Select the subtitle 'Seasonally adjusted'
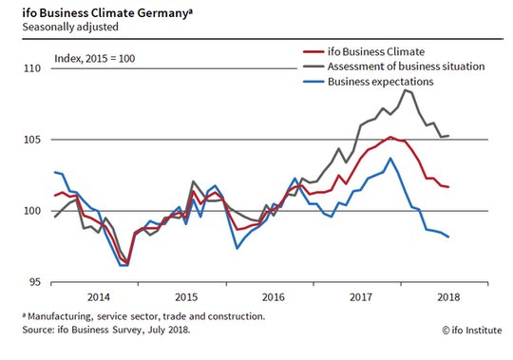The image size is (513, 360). pyautogui.click(x=70, y=27)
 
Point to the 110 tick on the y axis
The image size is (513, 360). pyautogui.click(x=32, y=68)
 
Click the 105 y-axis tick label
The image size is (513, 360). pyautogui.click(x=32, y=140)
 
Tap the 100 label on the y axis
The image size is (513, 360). pyautogui.click(x=32, y=211)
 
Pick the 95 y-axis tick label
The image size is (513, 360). pyautogui.click(x=35, y=282)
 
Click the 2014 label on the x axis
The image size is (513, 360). pyautogui.click(x=99, y=297)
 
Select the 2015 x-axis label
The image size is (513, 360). pyautogui.click(x=186, y=297)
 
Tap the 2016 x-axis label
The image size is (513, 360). pyautogui.click(x=274, y=297)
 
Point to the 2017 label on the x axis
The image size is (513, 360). pyautogui.click(x=361, y=297)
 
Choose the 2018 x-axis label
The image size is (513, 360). pyautogui.click(x=448, y=297)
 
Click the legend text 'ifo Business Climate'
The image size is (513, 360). pyautogui.click(x=376, y=51)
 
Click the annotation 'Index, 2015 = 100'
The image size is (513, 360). pyautogui.click(x=95, y=59)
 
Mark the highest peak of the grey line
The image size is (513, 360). pyautogui.click(x=406, y=90)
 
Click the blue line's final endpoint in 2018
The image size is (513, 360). pyautogui.click(x=448, y=237)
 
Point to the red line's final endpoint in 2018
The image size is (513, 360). pyautogui.click(x=448, y=187)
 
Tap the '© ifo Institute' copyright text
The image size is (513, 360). pyautogui.click(x=472, y=331)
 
